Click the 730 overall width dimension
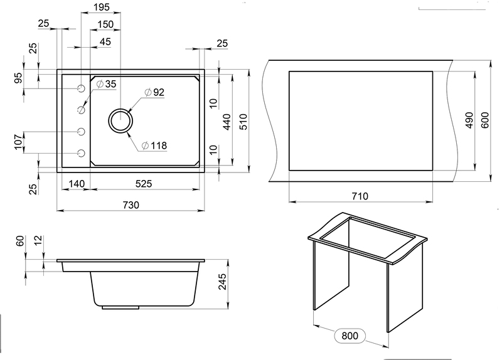131,205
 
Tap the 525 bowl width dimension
144,184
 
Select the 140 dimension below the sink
77,184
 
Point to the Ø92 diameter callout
154,92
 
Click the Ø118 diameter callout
154,146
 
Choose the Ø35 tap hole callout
106,84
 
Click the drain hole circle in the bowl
120,120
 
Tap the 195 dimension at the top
102,7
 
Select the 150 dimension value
105,24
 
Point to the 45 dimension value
105,41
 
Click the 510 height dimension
243,122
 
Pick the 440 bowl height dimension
227,122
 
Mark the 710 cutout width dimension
360,196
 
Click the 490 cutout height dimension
469,120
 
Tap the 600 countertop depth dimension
485,120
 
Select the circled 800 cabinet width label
350,336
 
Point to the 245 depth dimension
222,282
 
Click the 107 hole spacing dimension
19,142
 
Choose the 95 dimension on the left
19,78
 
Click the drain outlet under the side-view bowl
120,307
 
